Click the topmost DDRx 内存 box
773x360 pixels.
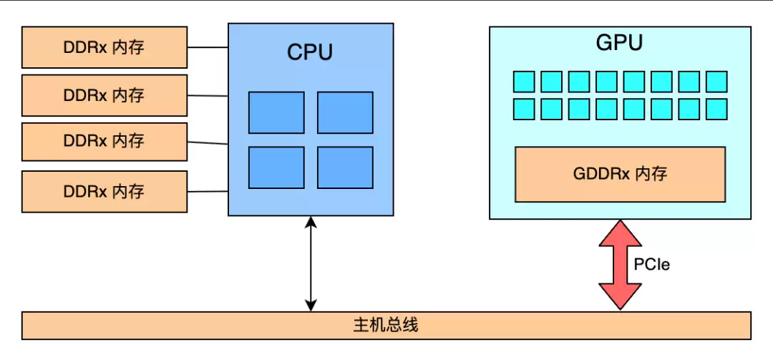[104, 47]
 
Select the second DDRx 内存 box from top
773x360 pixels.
[104, 95]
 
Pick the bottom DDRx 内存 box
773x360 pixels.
[104, 191]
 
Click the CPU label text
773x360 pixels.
[310, 52]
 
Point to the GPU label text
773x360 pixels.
[619, 43]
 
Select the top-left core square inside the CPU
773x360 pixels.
[276, 112]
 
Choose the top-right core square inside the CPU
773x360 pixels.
[345, 112]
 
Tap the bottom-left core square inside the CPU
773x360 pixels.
[276, 167]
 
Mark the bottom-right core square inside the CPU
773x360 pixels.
[345, 167]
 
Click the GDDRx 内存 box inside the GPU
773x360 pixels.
[620, 174]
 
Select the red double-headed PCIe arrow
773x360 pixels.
[620, 265]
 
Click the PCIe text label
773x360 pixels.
[651, 265]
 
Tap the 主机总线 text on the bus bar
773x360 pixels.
[386, 326]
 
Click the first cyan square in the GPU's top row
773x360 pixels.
[524, 82]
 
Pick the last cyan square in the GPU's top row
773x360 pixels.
[716, 82]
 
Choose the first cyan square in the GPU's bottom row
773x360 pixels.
[524, 110]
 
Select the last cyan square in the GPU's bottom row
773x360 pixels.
[716, 110]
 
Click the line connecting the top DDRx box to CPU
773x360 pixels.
[208, 48]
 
